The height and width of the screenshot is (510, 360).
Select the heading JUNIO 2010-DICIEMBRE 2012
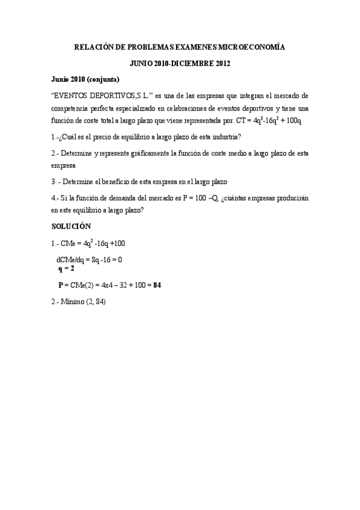coord(180,63)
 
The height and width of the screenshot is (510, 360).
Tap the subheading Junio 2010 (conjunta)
coord(85,79)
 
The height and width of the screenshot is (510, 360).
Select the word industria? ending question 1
coord(225,137)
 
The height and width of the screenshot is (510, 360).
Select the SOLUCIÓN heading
coord(71,226)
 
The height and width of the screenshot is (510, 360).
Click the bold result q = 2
coord(66,269)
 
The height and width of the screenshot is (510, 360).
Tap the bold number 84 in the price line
coord(157,285)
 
